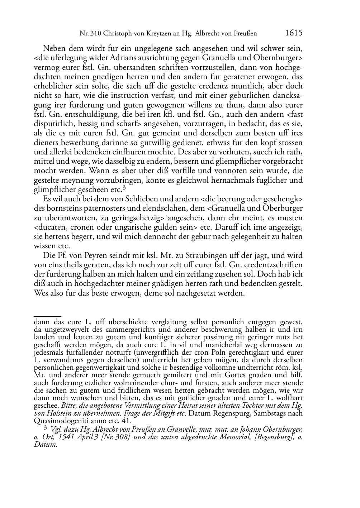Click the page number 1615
(x=294, y=33)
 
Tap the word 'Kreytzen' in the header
(x=156, y=34)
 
